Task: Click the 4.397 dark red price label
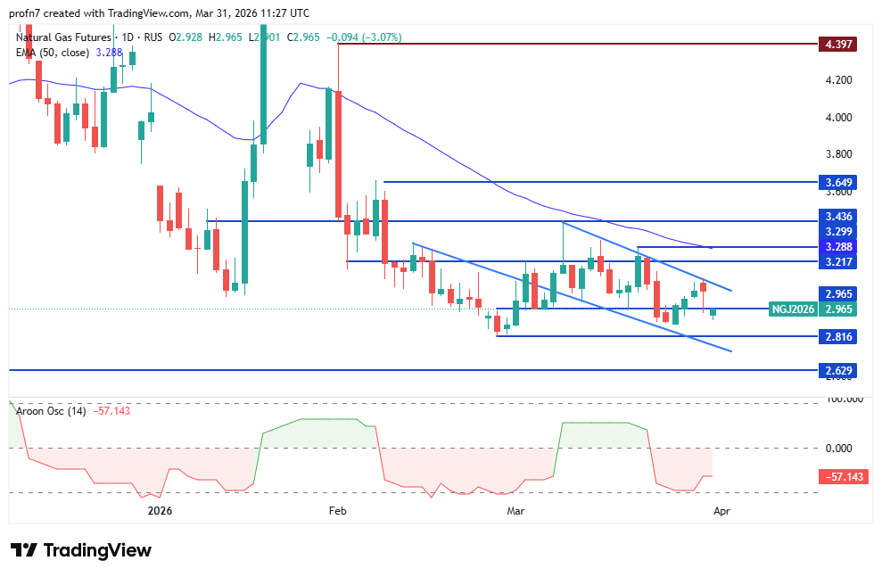pos(838,44)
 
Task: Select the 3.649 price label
pos(838,183)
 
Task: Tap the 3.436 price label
pos(838,218)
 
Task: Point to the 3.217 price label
pos(838,261)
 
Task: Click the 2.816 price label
pos(838,336)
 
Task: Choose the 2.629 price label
pos(838,369)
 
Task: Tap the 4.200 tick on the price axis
pos(838,80)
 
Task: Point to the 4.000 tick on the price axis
pos(838,118)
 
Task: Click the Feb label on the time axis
pos(337,511)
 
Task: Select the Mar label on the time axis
pos(515,511)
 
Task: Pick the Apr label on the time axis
pos(722,511)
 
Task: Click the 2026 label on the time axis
pos(160,511)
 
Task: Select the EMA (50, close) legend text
pos(53,53)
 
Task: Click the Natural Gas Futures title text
pos(62,37)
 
